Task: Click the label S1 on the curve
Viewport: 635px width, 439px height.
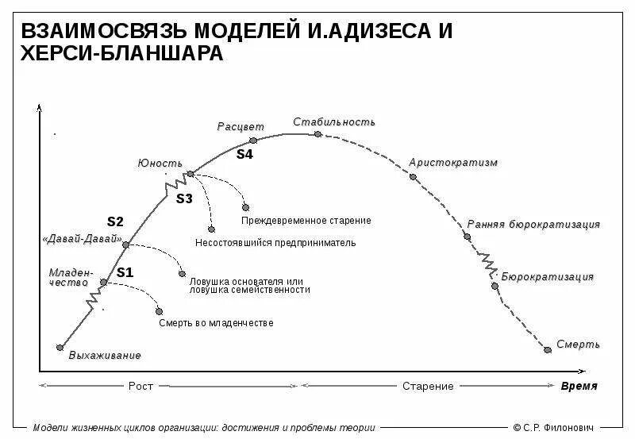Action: [x=125, y=272]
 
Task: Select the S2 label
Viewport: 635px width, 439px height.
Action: [x=116, y=221]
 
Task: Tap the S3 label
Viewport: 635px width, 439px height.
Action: [x=184, y=198]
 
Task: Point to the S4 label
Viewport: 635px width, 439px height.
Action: [x=244, y=155]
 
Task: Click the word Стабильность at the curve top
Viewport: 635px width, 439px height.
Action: [x=334, y=122]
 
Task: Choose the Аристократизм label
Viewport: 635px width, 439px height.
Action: [x=453, y=163]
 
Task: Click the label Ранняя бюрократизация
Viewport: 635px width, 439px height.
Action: [x=533, y=225]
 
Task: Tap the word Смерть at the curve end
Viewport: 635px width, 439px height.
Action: [x=578, y=345]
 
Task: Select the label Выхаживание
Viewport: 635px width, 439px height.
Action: [x=105, y=355]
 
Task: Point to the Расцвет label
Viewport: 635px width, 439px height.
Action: [x=241, y=127]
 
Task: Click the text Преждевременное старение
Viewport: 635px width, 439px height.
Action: [x=306, y=220]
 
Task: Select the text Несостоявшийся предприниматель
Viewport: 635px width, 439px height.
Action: [x=275, y=242]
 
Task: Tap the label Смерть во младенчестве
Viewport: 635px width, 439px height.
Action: [x=216, y=323]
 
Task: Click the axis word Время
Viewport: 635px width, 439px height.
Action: [x=579, y=386]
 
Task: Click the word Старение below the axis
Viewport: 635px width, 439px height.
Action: [x=428, y=387]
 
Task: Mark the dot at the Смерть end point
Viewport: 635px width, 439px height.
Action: [x=547, y=349]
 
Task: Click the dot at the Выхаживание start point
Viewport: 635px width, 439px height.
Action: [x=60, y=347]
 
